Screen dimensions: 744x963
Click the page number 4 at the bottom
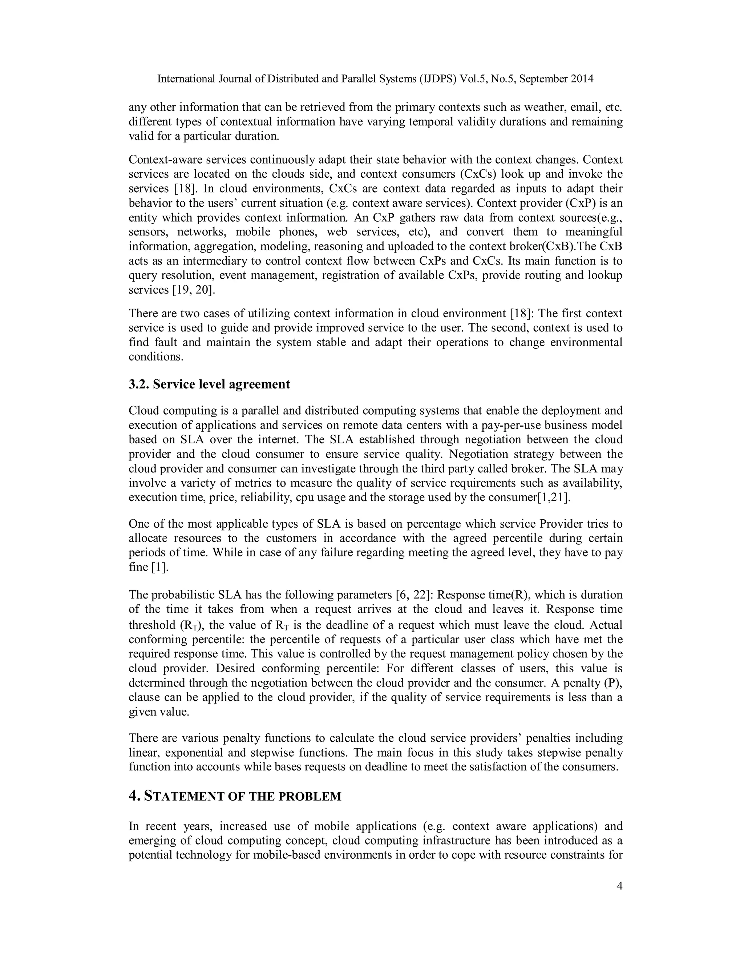[620, 886]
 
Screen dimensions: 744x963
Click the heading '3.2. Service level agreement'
[209, 384]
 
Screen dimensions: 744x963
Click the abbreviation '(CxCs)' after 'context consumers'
[477, 174]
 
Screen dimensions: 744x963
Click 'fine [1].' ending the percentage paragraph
[149, 567]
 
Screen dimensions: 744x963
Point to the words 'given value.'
[159, 712]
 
